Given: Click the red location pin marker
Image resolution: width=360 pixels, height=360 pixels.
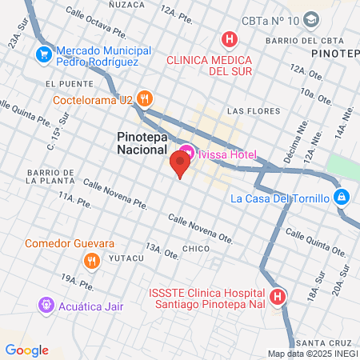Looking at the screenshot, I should pyautogui.click(x=180, y=166).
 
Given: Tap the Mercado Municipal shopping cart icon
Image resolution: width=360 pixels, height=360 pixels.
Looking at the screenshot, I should pyautogui.click(x=42, y=55).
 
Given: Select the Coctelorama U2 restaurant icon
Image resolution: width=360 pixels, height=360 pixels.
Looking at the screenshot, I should pyautogui.click(x=144, y=99).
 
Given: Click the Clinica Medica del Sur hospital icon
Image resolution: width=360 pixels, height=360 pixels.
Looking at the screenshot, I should pyautogui.click(x=230, y=38).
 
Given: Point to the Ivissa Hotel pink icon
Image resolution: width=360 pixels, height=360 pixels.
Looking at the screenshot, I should pyautogui.click(x=186, y=150).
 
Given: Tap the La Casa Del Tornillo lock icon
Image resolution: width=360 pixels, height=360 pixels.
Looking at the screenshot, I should pyautogui.click(x=342, y=197).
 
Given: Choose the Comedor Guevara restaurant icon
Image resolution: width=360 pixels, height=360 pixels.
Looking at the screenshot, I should pyautogui.click(x=93, y=260).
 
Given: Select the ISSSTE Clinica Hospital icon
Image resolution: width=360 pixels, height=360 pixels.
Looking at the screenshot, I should pyautogui.click(x=278, y=297).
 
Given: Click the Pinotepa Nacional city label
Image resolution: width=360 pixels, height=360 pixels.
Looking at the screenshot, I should pyautogui.click(x=137, y=142).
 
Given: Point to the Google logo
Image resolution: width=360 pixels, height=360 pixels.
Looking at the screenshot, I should pyautogui.click(x=26, y=349).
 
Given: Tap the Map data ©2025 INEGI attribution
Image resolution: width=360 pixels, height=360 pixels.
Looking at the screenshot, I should pyautogui.click(x=312, y=354).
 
